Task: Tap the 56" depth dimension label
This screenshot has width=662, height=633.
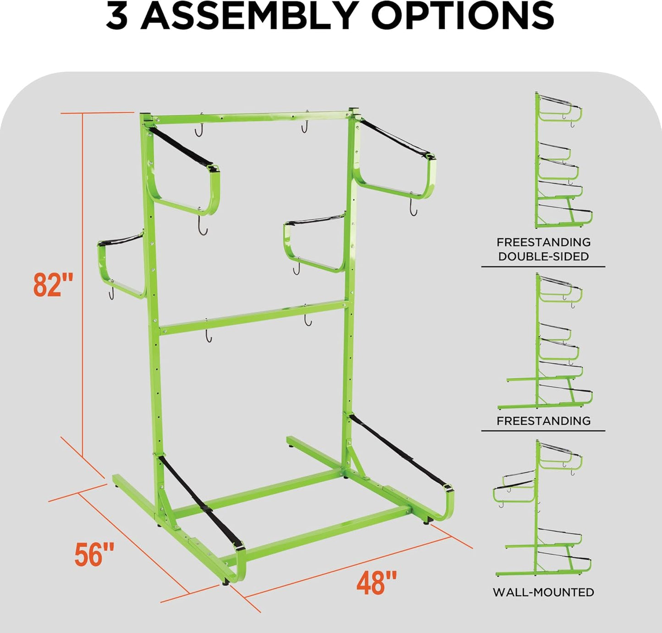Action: (x=94, y=554)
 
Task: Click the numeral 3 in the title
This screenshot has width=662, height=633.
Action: (x=117, y=16)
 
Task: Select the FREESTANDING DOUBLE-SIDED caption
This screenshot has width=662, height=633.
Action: (x=543, y=249)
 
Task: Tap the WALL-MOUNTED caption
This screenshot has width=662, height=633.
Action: (x=543, y=592)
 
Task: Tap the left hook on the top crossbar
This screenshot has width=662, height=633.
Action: (x=199, y=125)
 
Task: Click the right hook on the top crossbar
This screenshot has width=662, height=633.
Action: (x=305, y=122)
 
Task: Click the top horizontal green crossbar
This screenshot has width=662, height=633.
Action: (x=251, y=116)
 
